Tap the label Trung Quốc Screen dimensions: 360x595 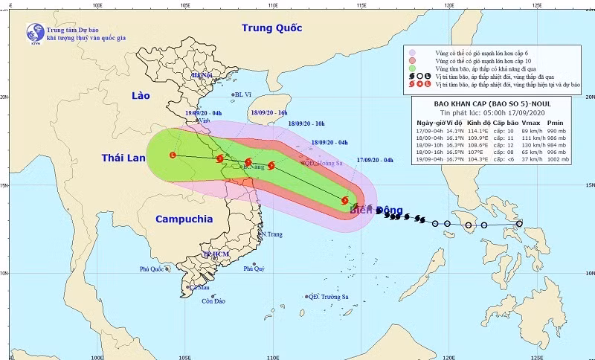(x=272, y=28)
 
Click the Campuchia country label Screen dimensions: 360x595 (x=184, y=219)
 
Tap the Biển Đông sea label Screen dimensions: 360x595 (x=380, y=210)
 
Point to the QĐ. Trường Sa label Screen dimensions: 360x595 (x=328, y=296)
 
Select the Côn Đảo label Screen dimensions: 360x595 (x=213, y=301)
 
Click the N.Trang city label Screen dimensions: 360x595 (x=271, y=234)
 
